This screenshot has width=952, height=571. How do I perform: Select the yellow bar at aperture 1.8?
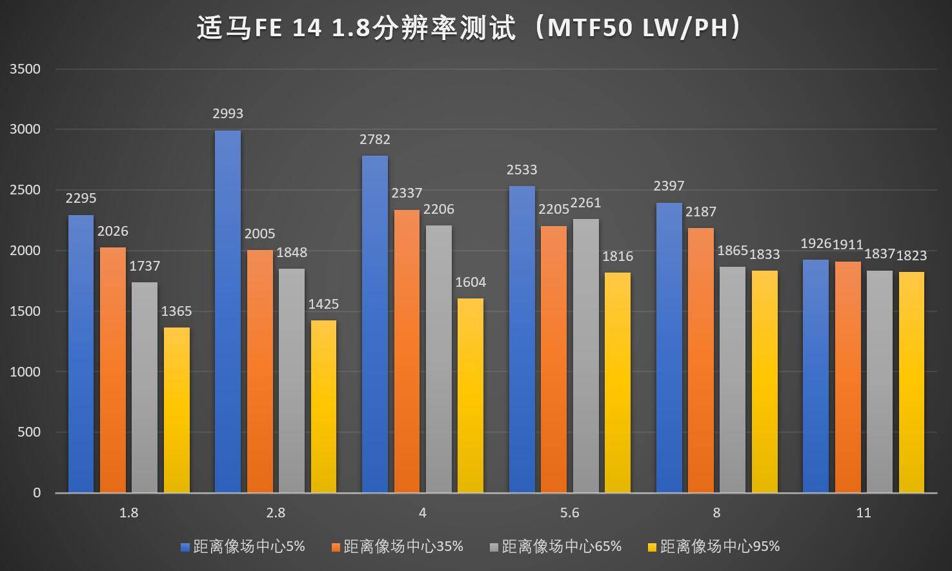point(176,410)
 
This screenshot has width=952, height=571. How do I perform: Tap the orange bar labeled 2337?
point(407,351)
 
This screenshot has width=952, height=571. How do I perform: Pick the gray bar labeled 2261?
point(585,356)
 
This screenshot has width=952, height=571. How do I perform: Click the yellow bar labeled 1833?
point(765,382)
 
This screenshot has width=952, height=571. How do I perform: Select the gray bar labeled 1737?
point(145,388)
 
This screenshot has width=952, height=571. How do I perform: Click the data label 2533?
point(522,170)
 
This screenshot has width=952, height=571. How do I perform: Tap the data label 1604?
point(471,282)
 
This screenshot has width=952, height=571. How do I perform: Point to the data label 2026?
point(113,231)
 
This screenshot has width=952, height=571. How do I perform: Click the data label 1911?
point(847,244)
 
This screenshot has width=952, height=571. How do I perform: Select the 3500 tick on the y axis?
point(25,69)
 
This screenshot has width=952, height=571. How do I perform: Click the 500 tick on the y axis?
point(29,432)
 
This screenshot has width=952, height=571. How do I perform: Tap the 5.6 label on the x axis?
point(570,514)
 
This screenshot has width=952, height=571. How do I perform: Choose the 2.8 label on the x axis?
point(276,514)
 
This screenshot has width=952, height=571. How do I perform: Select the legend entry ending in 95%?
point(720,546)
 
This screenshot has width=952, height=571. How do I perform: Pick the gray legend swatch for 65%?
point(494,547)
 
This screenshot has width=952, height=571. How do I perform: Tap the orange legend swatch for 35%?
point(336,547)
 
